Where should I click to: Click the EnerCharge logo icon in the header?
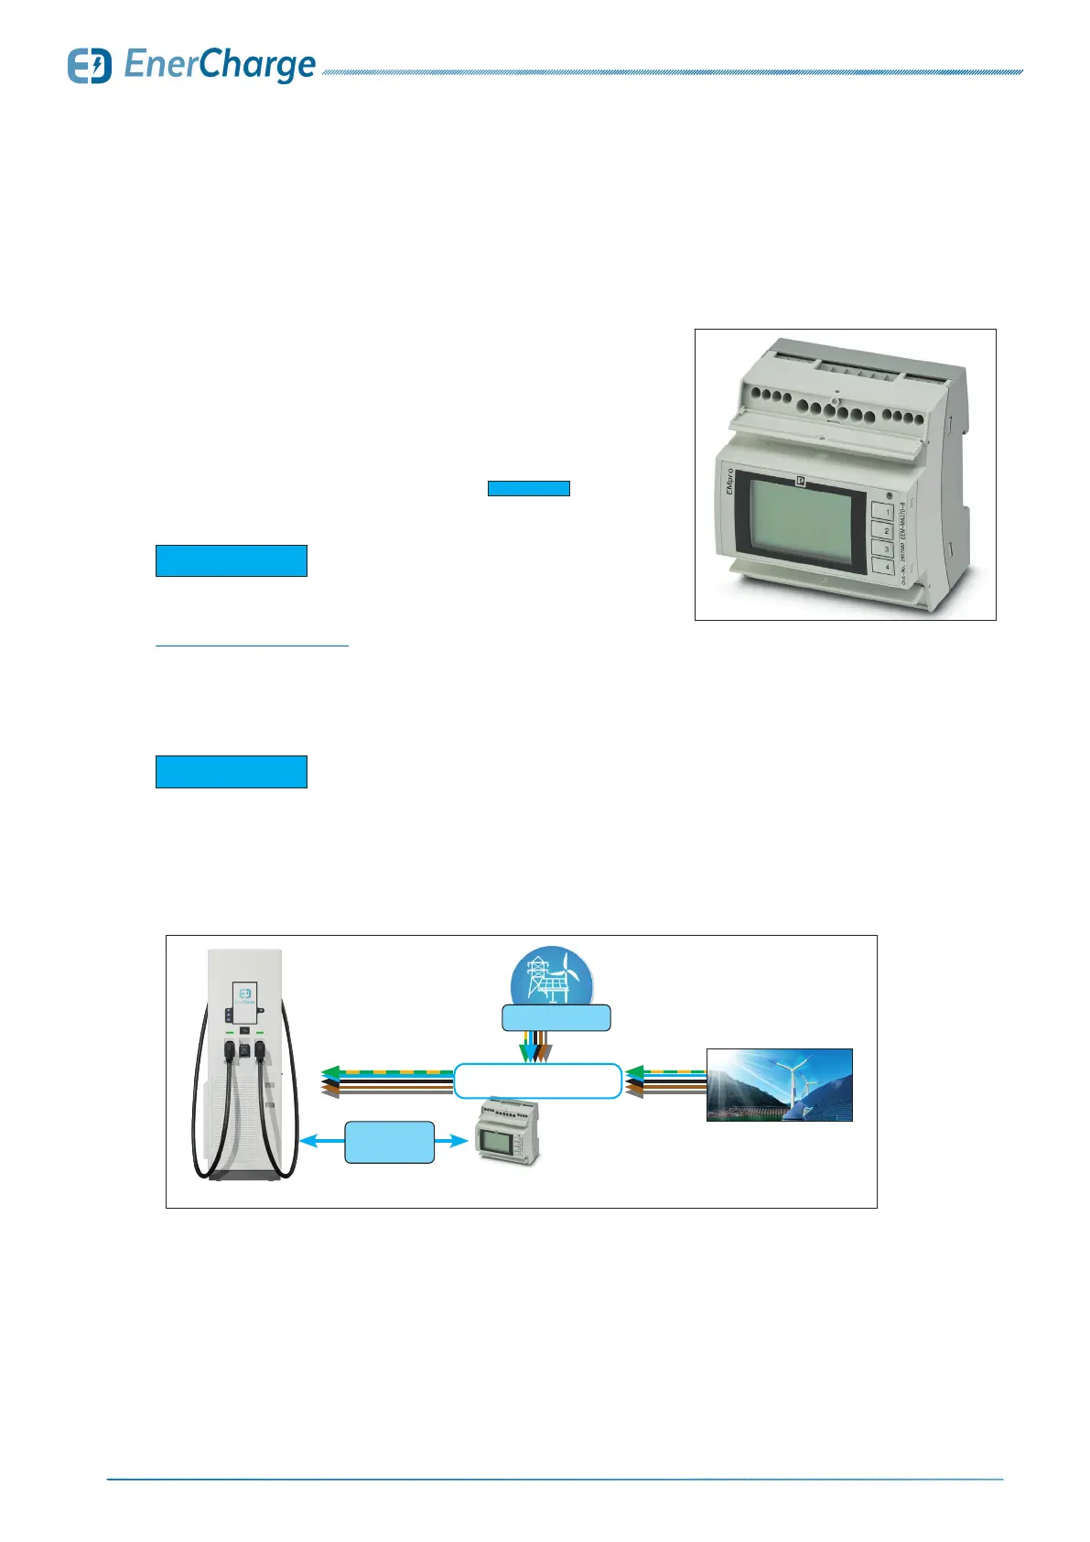tap(89, 66)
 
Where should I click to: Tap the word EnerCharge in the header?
tap(220, 65)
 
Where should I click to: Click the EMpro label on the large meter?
tap(730, 483)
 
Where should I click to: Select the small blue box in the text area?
tap(528, 488)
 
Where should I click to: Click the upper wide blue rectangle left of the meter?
tap(231, 560)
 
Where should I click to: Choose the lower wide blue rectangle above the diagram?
tap(231, 772)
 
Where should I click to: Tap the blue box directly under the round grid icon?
tap(556, 1017)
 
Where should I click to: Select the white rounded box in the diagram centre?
tap(538, 1080)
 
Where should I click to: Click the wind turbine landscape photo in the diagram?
tap(779, 1085)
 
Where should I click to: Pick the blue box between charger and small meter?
tap(389, 1142)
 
